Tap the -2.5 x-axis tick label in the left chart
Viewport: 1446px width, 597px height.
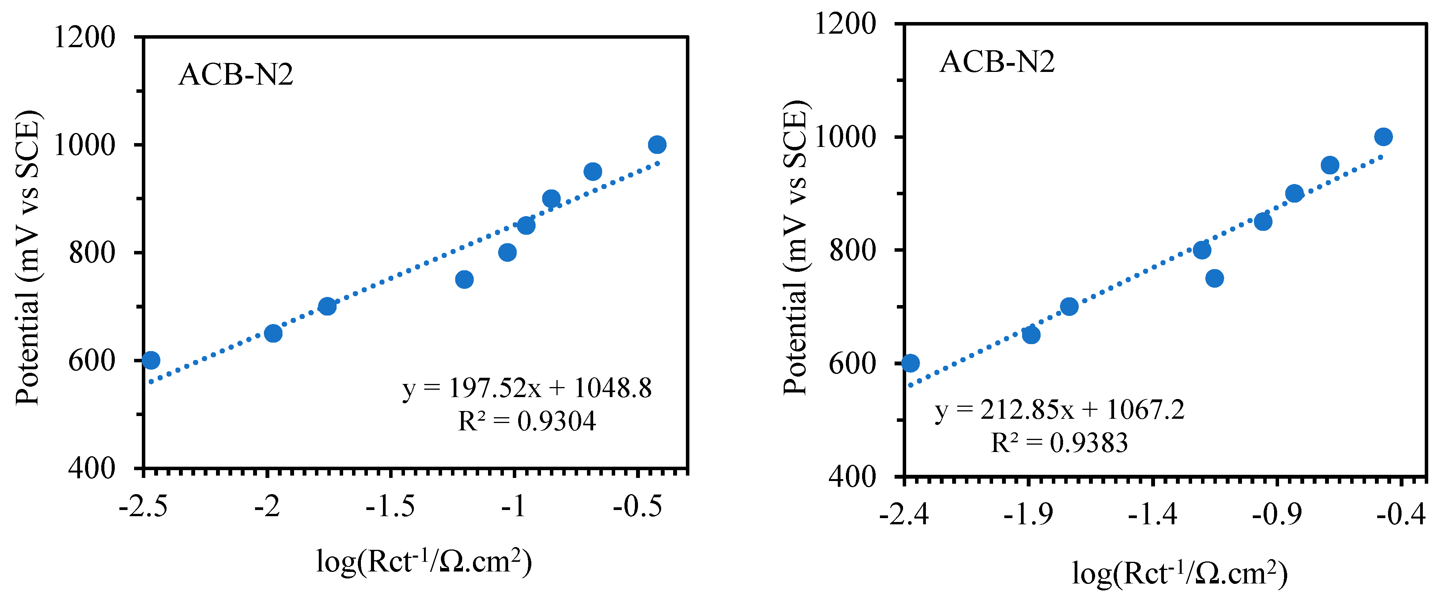click(x=143, y=507)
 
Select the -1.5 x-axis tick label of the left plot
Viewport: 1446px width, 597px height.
click(x=390, y=507)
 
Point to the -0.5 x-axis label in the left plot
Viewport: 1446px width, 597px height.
click(x=637, y=507)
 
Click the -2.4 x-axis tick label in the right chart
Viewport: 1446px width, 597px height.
click(x=904, y=514)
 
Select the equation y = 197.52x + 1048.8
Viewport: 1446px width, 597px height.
click(x=527, y=389)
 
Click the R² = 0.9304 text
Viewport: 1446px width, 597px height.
click(x=527, y=421)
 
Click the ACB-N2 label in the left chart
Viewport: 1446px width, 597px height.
click(x=236, y=75)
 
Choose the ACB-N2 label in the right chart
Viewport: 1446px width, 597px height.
click(x=997, y=62)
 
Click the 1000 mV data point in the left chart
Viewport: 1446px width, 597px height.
click(x=657, y=145)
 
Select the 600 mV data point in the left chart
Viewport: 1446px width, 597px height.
click(x=150, y=360)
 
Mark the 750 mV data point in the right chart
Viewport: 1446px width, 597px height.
click(x=1214, y=278)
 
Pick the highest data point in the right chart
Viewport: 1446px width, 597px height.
click(x=1383, y=136)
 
